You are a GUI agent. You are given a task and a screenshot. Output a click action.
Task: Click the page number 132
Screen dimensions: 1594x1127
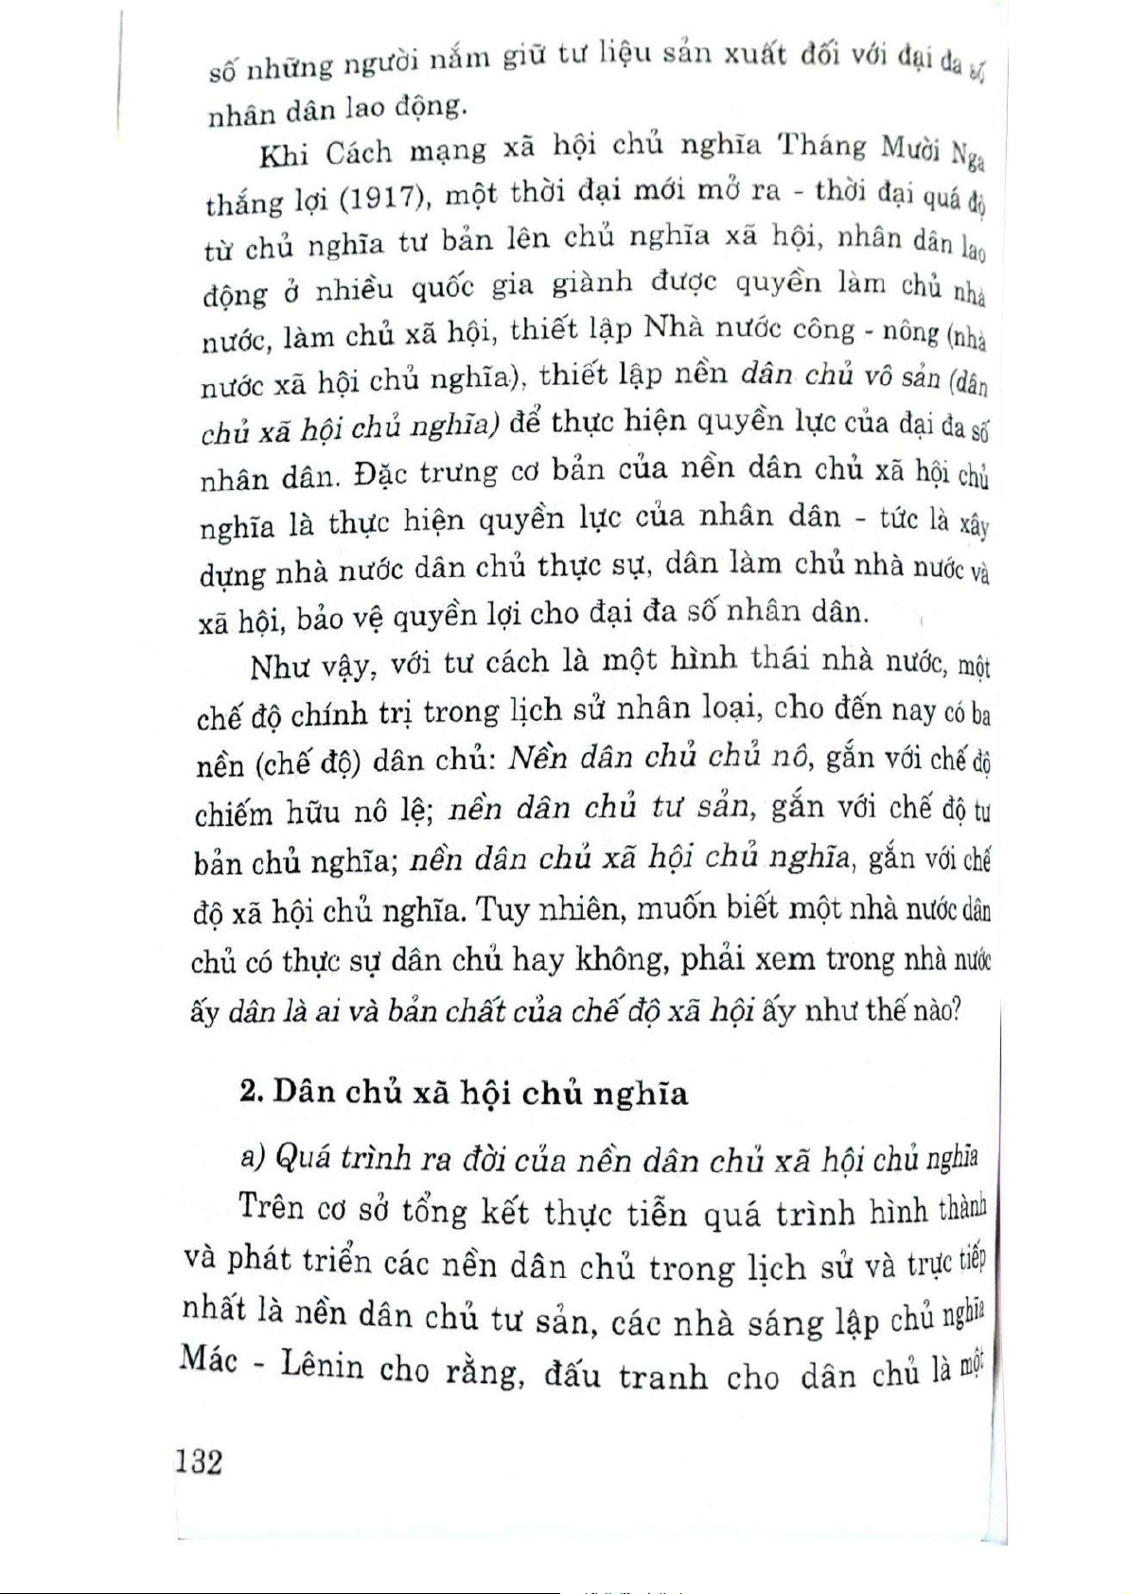click(x=200, y=1462)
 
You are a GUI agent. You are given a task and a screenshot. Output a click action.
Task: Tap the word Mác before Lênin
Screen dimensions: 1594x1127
click(x=207, y=1362)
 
